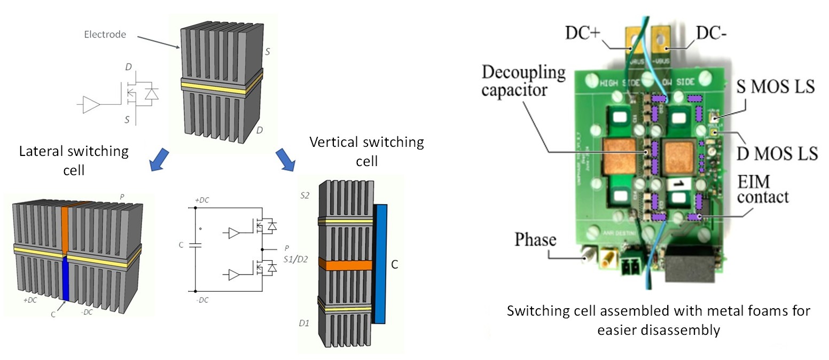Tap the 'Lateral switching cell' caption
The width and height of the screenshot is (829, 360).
(x=74, y=159)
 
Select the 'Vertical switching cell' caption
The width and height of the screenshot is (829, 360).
(x=366, y=151)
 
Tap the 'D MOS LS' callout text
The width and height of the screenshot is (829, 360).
(x=781, y=153)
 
